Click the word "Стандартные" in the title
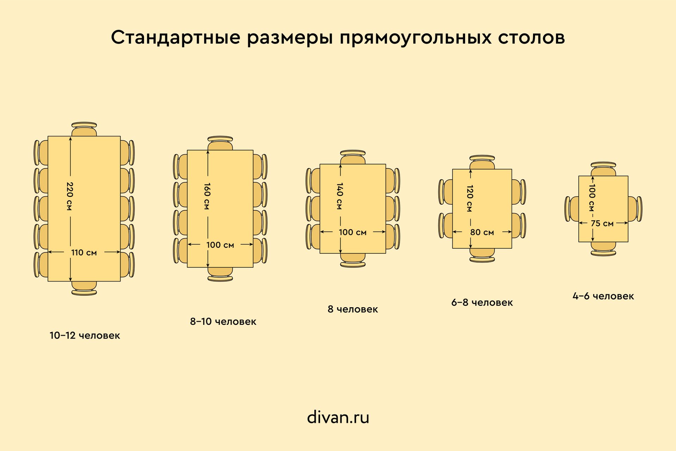point(176,37)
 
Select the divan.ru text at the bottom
point(338,417)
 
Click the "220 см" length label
point(69,196)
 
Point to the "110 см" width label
point(84,252)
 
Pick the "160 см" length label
point(207,196)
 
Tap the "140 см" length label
point(340,196)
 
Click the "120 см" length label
point(470,198)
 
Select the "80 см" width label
point(482,232)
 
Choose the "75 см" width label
point(602,223)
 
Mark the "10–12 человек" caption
point(85,335)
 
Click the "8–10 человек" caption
point(223,321)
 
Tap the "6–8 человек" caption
point(482,302)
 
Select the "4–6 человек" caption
point(603,296)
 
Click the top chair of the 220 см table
point(84,129)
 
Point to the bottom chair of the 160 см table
point(220,274)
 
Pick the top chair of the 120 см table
point(482,162)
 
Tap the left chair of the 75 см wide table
point(572,209)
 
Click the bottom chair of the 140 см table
point(353,260)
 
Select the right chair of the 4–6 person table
point(635,209)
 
